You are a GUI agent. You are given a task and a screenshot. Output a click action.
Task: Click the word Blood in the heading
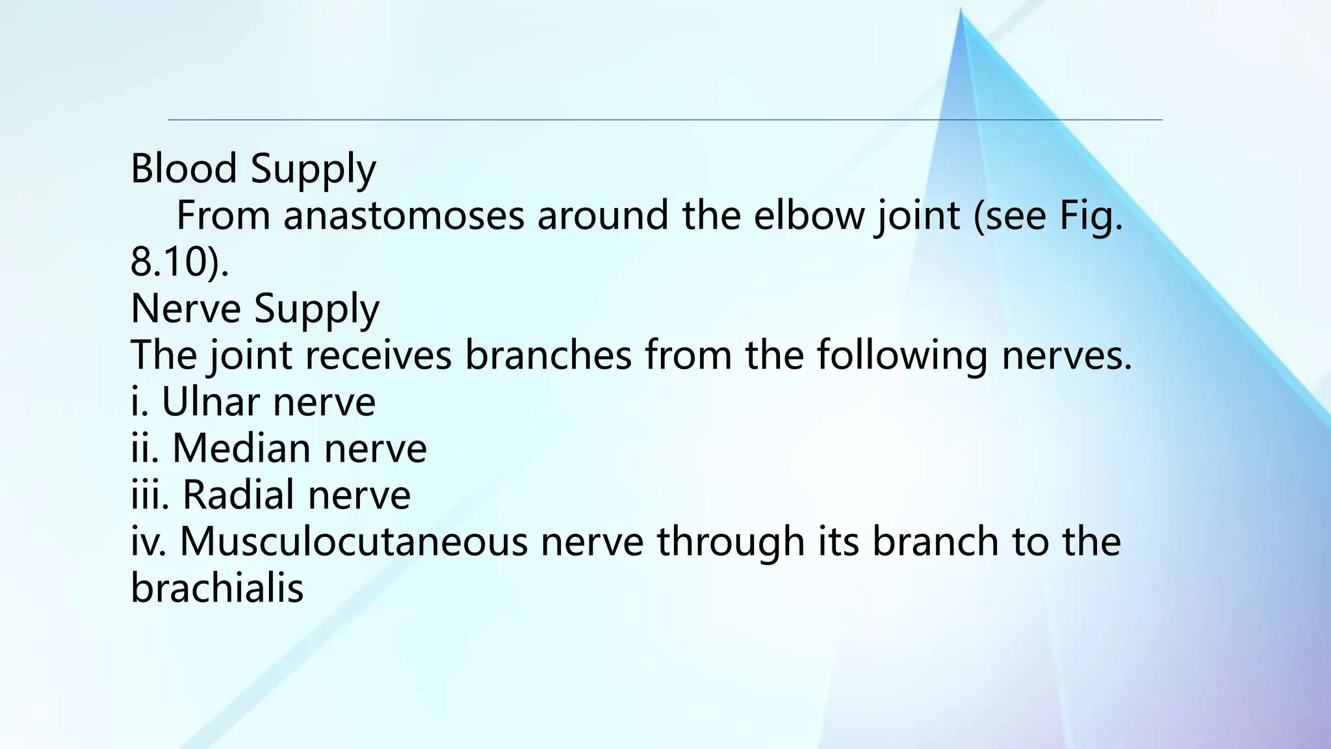coord(183,168)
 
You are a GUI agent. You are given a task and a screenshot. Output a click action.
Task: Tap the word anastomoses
coord(403,215)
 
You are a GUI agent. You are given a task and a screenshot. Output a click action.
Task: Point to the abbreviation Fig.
coord(1091,215)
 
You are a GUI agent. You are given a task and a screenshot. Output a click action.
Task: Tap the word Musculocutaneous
coord(354,542)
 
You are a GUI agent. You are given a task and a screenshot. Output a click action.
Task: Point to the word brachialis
coord(217,588)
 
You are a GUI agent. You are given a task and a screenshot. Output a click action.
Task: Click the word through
coord(730,542)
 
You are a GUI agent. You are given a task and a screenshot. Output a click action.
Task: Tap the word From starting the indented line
coord(223,215)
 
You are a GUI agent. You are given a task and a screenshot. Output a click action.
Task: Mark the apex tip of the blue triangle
coord(961,10)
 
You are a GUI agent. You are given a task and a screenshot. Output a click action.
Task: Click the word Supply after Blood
coord(313,168)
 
